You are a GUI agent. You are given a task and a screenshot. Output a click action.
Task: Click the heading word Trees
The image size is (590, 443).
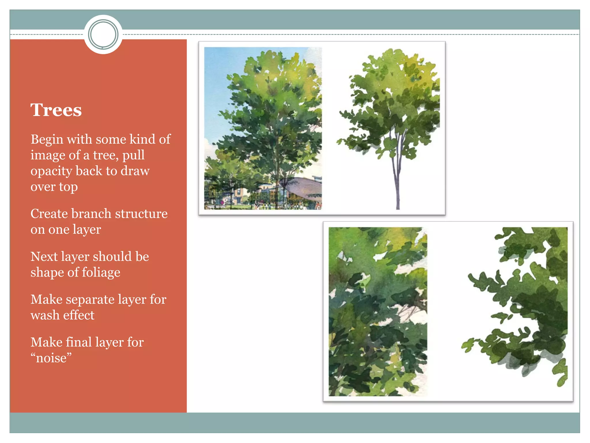pos(56,110)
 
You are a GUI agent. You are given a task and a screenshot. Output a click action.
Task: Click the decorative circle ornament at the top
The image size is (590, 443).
pos(103,34)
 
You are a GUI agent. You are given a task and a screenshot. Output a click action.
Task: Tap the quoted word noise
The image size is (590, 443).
pos(51,358)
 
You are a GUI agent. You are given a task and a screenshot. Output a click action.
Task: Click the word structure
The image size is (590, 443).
pos(141,214)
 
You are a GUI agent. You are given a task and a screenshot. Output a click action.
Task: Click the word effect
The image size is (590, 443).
pos(79,315)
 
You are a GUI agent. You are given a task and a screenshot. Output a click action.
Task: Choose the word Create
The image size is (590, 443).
pos(49,214)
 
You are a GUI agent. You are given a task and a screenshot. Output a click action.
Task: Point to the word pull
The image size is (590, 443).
pos(133,155)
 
